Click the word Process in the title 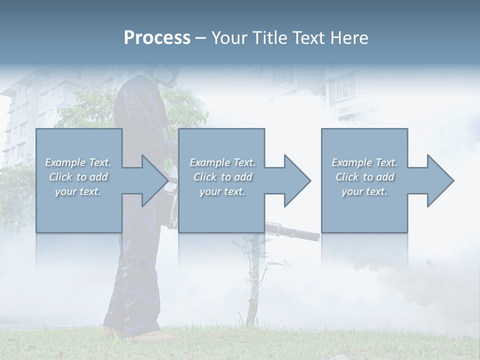(x=157, y=37)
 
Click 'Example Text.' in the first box (x=78, y=162)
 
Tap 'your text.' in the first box (x=78, y=191)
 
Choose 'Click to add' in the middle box (x=222, y=177)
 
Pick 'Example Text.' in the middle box (x=222, y=162)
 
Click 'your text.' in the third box (x=364, y=191)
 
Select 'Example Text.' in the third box (x=364, y=162)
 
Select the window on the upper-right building (x=344, y=89)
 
